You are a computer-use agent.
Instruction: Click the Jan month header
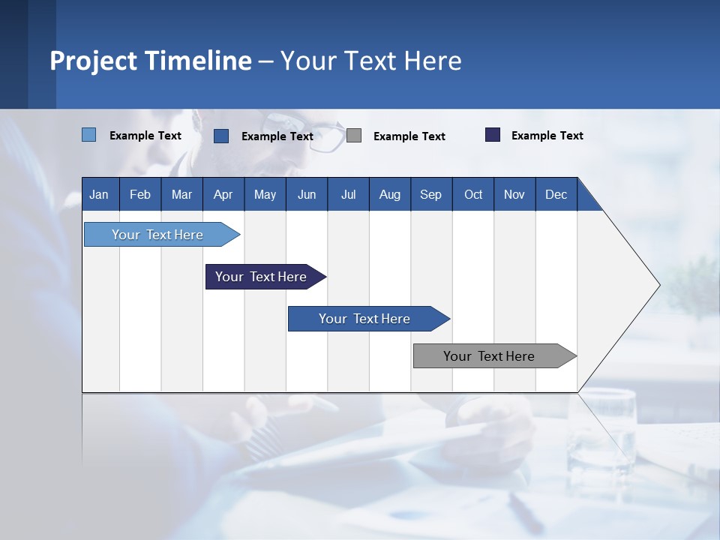[x=99, y=194]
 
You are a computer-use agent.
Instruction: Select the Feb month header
[x=140, y=194]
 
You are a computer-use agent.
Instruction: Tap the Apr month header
[x=223, y=194]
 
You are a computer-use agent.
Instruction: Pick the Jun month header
[x=307, y=194]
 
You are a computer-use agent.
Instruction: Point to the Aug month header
[x=389, y=194]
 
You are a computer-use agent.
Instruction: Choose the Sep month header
[x=430, y=194]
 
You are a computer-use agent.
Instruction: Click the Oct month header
[x=473, y=194]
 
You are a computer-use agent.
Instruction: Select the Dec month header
[x=556, y=194]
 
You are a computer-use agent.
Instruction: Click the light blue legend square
[x=88, y=135]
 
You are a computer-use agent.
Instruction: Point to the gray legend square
[x=354, y=136]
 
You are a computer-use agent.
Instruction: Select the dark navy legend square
[x=493, y=135]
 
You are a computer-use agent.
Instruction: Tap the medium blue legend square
[x=221, y=136]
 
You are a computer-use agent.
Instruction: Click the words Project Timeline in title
[x=150, y=61]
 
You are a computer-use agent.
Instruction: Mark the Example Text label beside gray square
[x=409, y=136]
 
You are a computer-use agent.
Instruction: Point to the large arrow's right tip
[x=658, y=285]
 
